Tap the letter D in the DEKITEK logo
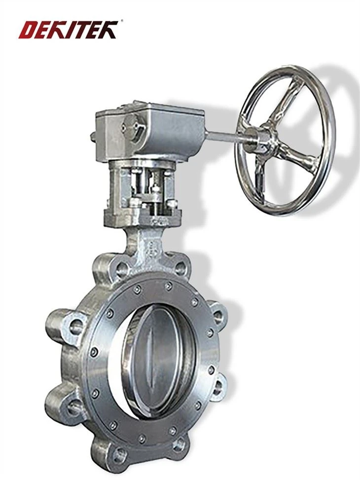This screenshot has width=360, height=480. (x=27, y=30)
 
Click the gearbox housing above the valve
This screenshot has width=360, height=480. (x=150, y=132)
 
